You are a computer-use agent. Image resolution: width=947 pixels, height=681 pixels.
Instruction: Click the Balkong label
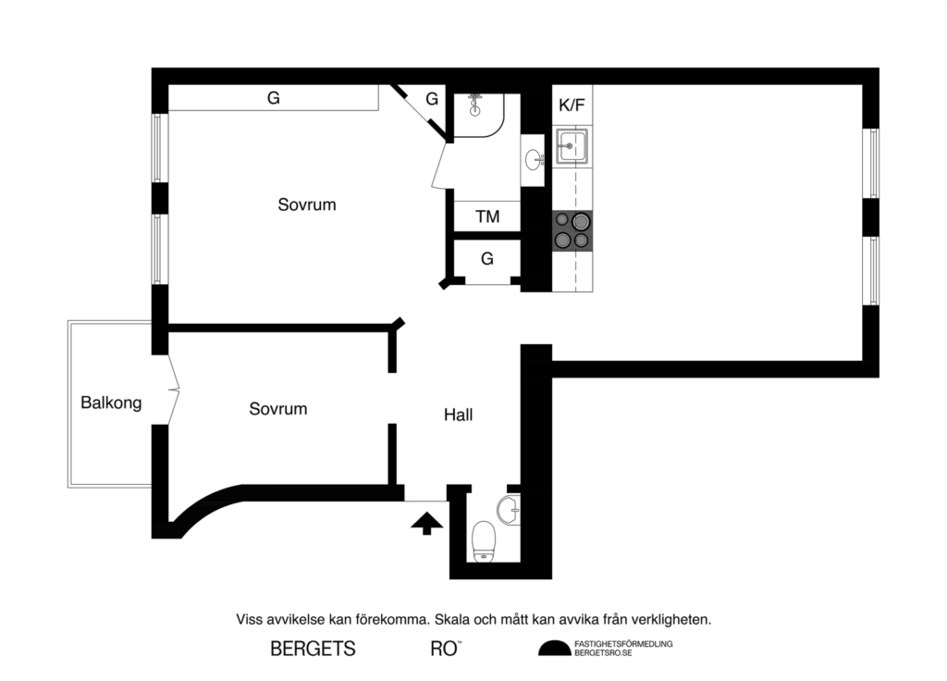111,403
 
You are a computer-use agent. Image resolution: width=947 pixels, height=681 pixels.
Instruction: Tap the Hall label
458,415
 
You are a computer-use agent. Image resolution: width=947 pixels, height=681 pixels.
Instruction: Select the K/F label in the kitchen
572,105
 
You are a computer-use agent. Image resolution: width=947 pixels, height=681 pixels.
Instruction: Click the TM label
487,217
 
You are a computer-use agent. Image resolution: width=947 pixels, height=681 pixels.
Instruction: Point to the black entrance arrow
426,524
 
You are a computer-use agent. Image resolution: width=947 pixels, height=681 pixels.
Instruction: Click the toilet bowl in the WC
484,540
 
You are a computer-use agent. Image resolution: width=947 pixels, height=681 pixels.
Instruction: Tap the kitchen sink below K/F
571,146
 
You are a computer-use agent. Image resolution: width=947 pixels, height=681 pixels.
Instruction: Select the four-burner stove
572,230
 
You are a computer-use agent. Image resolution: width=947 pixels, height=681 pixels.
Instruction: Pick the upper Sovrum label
307,204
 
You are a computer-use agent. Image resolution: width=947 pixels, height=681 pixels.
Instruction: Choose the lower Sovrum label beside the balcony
277,409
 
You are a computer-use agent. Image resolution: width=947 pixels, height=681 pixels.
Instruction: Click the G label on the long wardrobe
274,98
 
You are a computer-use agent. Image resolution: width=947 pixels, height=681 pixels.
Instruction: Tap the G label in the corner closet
432,99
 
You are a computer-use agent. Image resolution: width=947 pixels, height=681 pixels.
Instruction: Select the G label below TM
487,259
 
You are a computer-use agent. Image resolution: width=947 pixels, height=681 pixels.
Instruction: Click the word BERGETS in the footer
313,649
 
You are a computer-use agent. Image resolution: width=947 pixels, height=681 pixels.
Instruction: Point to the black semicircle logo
554,649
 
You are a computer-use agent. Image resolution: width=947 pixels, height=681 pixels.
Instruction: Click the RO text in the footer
444,649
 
